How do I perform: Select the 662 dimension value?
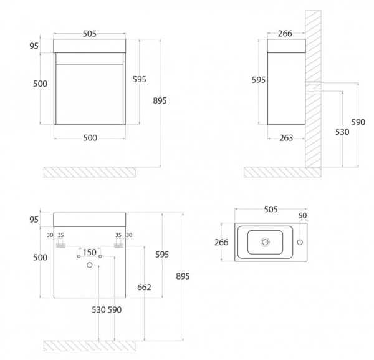tap(145, 286)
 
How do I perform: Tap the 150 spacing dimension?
tap(89, 252)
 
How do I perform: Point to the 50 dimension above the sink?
tap(303, 216)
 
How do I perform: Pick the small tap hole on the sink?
tap(300, 241)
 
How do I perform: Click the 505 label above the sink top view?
tap(270, 209)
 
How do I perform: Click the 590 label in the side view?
tap(358, 122)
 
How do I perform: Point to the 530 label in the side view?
tap(341, 132)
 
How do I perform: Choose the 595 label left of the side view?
tap(258, 80)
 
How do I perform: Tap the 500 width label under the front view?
tap(90, 139)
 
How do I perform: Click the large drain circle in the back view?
tap(90, 266)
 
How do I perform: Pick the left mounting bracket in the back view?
tap(61, 246)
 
